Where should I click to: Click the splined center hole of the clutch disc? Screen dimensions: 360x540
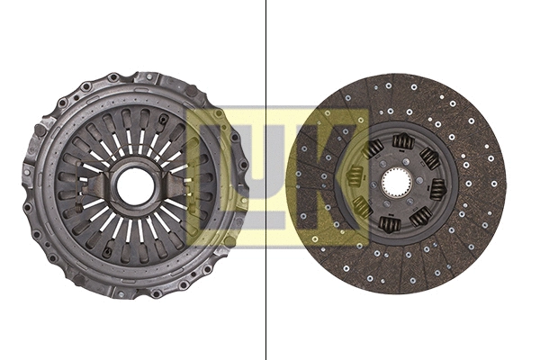pyautogui.click(x=396, y=184)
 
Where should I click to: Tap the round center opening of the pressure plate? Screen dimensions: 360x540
pyautogui.click(x=135, y=186)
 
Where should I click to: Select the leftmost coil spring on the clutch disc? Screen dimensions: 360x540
pyautogui.click(x=355, y=176)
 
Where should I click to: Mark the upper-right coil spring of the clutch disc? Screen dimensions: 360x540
pyautogui.click(x=429, y=158)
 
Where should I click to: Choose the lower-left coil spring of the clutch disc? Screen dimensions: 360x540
pyautogui.click(x=363, y=206)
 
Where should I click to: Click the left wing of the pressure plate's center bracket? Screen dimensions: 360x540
pyautogui.click(x=101, y=185)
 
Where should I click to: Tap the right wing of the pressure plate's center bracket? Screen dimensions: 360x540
pyautogui.click(x=167, y=185)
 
